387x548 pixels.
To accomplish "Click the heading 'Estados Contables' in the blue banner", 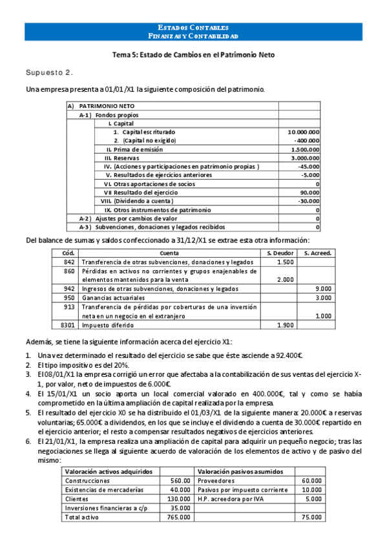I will pyautogui.click(x=193, y=28).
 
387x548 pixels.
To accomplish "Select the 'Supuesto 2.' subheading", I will pyautogui.click(x=49, y=72).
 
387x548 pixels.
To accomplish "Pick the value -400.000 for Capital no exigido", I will pyautogui.click(x=307, y=140).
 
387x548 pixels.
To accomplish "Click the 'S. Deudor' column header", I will pyautogui.click(x=281, y=253).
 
